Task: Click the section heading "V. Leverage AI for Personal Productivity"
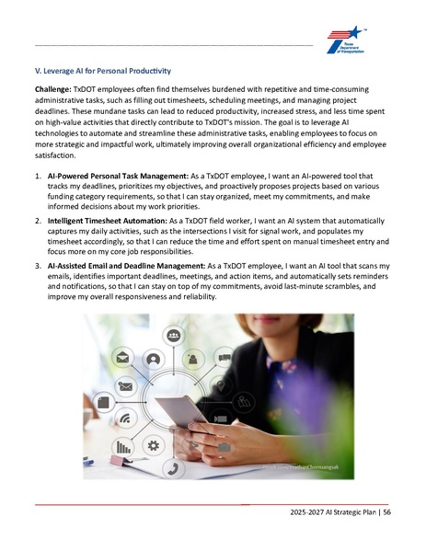point(102,71)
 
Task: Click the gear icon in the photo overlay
point(152,446)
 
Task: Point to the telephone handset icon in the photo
point(172,468)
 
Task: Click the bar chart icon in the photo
point(121,447)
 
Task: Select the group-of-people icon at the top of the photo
point(152,360)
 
